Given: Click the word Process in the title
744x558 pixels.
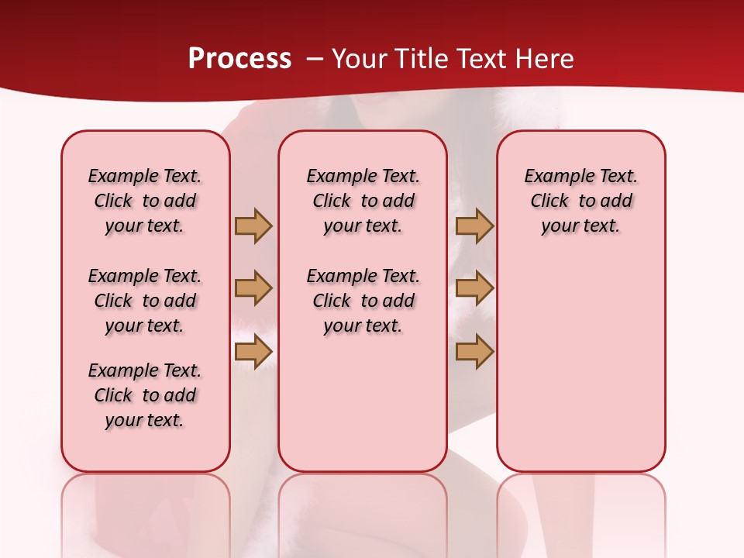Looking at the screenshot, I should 239,58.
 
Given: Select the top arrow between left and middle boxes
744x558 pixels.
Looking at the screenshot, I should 253,226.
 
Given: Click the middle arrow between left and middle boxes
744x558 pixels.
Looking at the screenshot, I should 253,288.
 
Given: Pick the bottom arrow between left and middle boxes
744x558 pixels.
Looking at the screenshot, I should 253,352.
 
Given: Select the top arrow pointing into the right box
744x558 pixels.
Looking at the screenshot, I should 474,226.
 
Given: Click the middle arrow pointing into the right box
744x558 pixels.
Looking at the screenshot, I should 474,288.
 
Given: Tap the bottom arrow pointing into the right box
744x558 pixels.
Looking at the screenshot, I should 474,352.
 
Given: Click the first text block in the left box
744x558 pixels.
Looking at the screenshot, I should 145,201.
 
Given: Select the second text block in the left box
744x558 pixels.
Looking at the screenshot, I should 145,301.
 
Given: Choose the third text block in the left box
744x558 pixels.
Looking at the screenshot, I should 145,395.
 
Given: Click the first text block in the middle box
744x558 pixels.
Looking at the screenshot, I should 363,201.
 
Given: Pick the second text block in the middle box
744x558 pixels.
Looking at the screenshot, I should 363,301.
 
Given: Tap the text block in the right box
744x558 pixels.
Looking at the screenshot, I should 580,201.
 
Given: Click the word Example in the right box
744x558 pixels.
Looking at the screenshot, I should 556,176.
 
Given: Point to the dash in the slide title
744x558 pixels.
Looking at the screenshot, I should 315,59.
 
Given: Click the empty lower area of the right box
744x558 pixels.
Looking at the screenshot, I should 580,364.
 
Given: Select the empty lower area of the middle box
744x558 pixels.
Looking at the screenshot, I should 363,403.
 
